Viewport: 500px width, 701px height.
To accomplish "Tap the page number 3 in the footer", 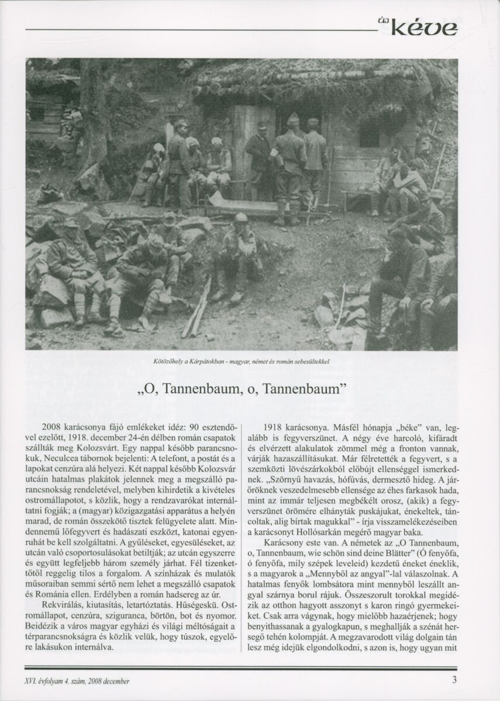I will [454, 680].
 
